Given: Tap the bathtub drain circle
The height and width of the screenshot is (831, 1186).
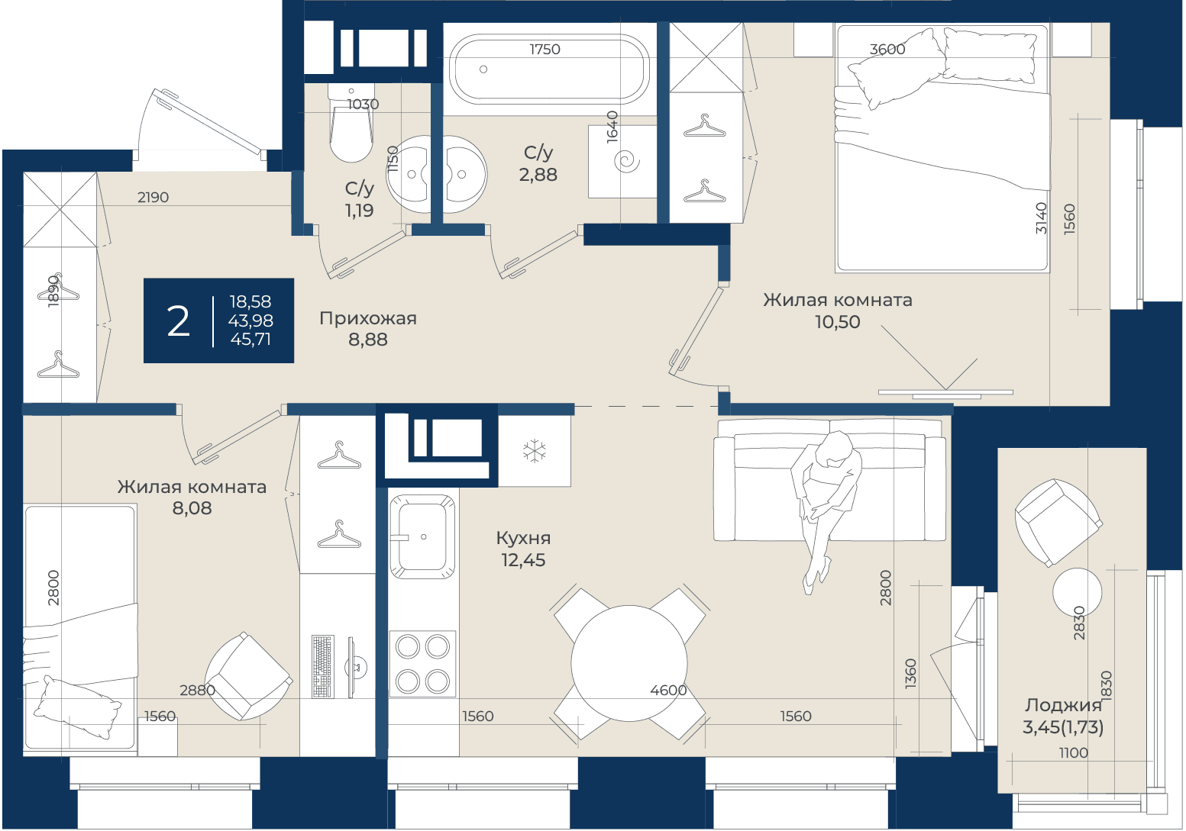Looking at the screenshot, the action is pos(483,69).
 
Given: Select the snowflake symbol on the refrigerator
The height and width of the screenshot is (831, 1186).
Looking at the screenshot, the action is pos(535,451).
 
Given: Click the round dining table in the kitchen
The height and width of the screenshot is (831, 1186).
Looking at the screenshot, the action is pos(629,663).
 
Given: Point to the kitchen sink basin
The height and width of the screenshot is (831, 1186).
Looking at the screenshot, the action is pos(422,536).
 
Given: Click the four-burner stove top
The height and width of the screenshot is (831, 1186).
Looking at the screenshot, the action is pos(422,664).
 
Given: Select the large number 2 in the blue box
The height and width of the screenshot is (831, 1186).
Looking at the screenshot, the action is pos(178,321).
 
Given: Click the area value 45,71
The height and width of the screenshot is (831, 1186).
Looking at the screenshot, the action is pos(251,339).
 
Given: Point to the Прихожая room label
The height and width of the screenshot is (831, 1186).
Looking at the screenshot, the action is pos(368,318).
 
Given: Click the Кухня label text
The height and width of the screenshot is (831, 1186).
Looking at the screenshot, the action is pos(523,539).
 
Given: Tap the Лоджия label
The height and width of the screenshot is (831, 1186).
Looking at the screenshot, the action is pos(1062,705).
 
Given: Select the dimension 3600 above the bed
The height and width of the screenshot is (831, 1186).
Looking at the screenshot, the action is pos(887,49).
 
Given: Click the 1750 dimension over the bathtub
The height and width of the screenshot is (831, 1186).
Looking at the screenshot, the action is pos(545,49).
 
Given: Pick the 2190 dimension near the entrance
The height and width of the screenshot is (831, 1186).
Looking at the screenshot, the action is pos(153,198).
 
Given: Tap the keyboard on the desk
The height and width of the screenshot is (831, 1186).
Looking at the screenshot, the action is pos(323,666).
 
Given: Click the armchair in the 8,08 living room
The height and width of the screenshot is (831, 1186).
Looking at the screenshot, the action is pos(247,677).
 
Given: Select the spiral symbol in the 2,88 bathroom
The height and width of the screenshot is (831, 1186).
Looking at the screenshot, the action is pos(627,161).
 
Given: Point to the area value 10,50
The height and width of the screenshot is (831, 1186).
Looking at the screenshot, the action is pos(837,321).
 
